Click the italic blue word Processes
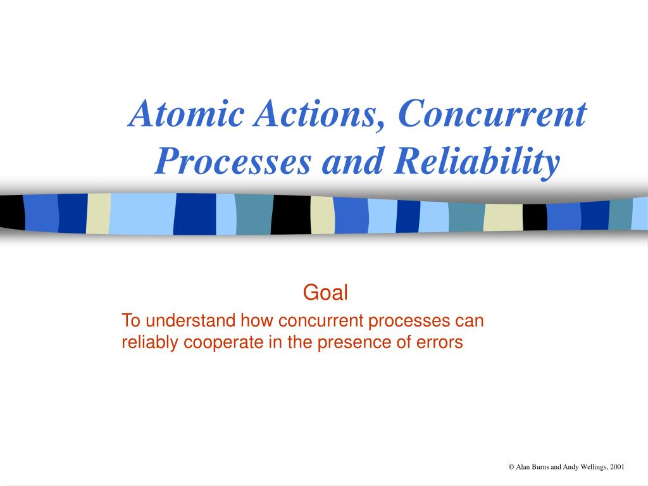click(233, 162)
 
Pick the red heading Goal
click(325, 292)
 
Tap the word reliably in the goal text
click(151, 342)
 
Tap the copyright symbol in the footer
click(511, 467)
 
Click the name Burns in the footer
click(540, 467)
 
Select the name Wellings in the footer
click(594, 468)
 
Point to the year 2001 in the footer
click(617, 467)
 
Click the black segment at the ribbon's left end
click(12, 212)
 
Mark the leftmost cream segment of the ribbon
click(98, 214)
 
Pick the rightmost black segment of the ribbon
click(535, 218)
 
